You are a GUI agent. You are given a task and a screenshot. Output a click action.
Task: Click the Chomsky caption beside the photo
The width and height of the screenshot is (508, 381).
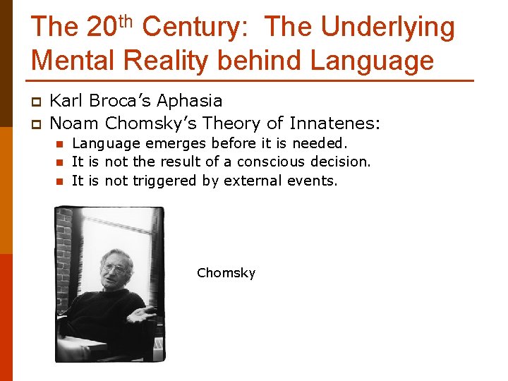[x=226, y=273]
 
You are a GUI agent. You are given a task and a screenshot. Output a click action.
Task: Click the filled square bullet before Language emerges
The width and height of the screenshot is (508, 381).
[x=60, y=144]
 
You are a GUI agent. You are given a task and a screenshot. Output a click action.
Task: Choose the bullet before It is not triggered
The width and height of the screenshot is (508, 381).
[x=60, y=181]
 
